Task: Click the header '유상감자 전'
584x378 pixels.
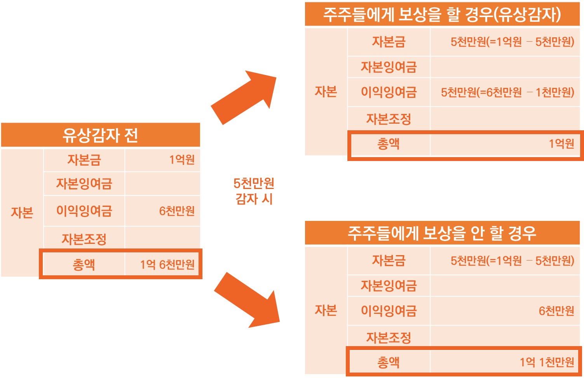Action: (x=100, y=135)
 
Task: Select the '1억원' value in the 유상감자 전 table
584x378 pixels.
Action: (x=182, y=160)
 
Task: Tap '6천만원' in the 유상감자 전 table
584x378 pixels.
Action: (x=177, y=211)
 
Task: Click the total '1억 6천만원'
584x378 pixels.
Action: (x=167, y=265)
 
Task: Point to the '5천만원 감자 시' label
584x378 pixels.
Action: (x=254, y=191)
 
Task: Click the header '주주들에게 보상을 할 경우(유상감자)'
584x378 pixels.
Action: (x=442, y=15)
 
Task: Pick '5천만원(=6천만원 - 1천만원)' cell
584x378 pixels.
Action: (x=507, y=93)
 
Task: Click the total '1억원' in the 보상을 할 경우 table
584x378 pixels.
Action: (x=561, y=144)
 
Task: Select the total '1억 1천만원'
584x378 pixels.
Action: (x=547, y=362)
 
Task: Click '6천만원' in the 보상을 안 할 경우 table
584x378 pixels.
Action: (x=556, y=311)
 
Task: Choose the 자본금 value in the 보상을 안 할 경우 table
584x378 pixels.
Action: (x=512, y=261)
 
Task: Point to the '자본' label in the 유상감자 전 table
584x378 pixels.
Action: (x=22, y=213)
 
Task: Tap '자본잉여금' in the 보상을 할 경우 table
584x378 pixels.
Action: (x=389, y=67)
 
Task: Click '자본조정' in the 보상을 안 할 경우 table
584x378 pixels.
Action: (x=389, y=338)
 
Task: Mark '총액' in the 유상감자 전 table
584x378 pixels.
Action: (x=84, y=265)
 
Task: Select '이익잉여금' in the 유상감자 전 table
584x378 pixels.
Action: (x=84, y=211)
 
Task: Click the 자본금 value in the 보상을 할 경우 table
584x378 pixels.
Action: (x=512, y=42)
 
